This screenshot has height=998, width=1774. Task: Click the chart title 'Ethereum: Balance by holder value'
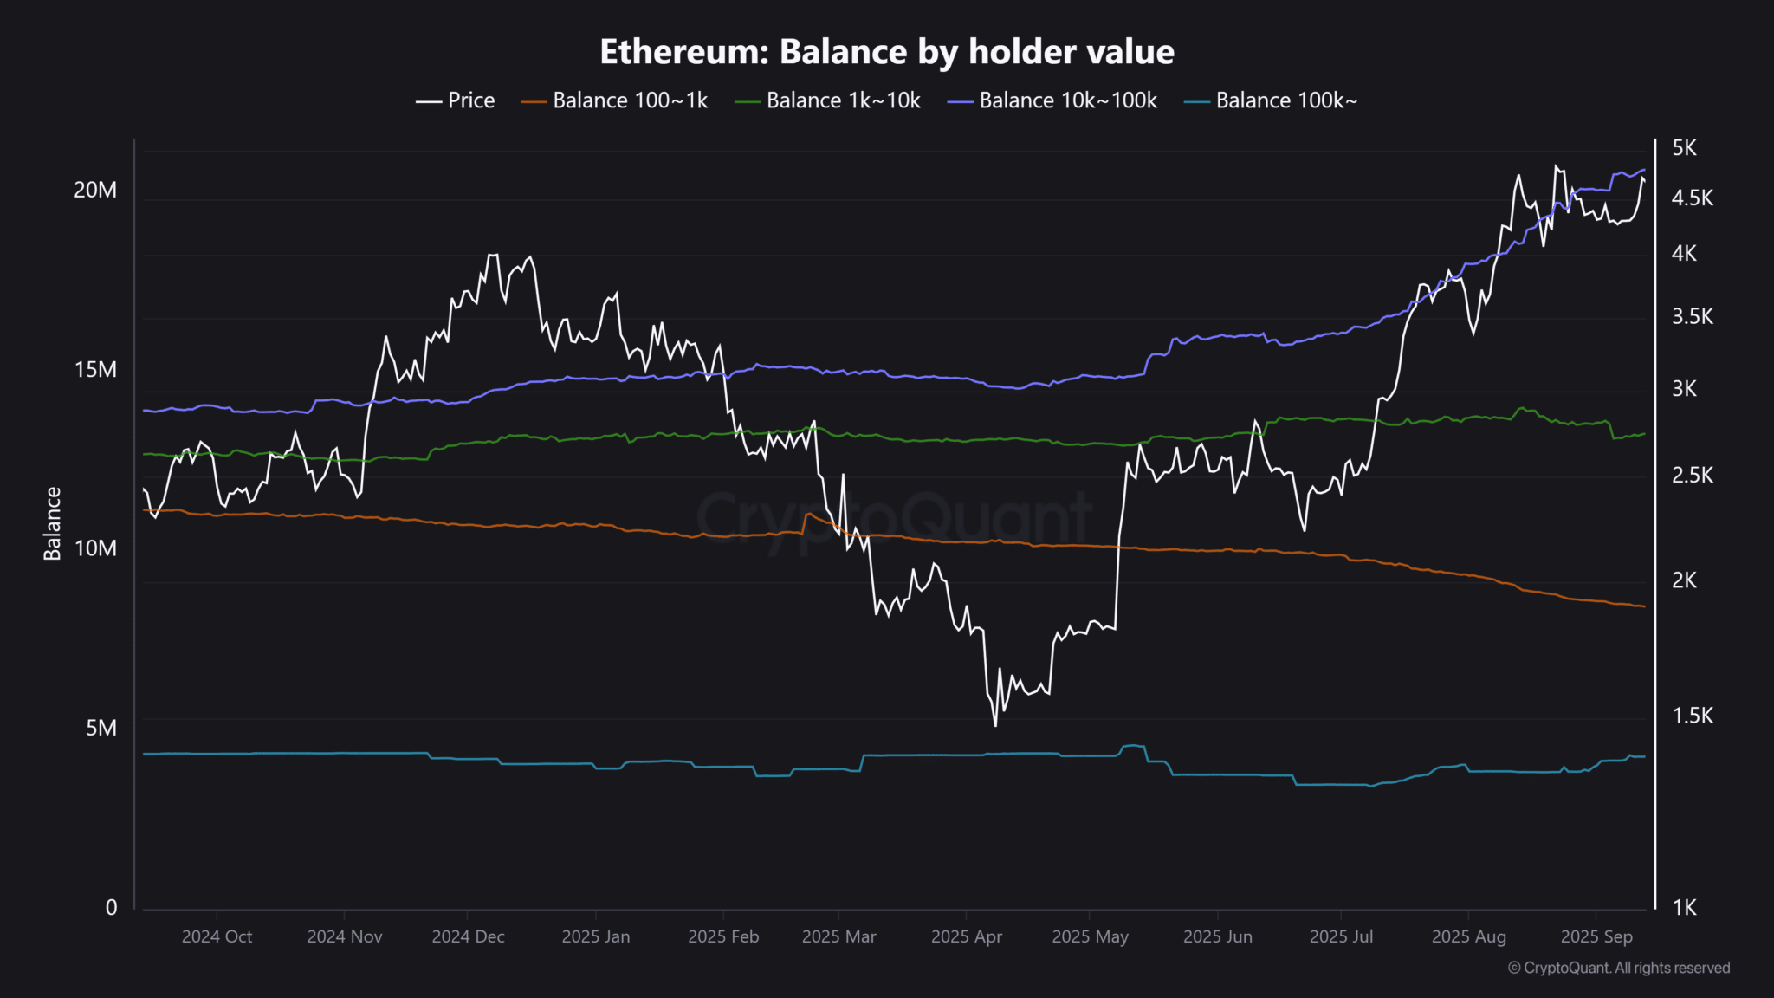886,52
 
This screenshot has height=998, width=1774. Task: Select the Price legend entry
456,100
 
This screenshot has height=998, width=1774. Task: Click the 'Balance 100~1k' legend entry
614,100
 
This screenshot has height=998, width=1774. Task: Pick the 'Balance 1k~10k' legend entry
827,100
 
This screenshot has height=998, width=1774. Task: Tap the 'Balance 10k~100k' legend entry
1052,100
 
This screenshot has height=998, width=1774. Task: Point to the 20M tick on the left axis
95,190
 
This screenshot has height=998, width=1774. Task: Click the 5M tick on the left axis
100,728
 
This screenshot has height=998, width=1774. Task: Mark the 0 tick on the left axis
111,907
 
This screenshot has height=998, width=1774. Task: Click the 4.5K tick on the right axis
1692,198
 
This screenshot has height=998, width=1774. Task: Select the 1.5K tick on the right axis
1692,716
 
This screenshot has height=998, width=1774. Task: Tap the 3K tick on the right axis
1684,389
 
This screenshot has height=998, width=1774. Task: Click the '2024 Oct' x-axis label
217,936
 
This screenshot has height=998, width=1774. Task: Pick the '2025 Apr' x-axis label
966,936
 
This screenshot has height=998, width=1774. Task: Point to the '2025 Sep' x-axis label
1596,936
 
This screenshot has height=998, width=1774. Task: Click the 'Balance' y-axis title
53,523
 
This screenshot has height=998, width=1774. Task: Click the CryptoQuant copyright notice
1618,968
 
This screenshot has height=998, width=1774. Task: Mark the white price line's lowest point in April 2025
995,724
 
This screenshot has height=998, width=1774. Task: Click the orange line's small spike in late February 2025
808,515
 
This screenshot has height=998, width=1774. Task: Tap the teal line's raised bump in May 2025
1133,746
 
